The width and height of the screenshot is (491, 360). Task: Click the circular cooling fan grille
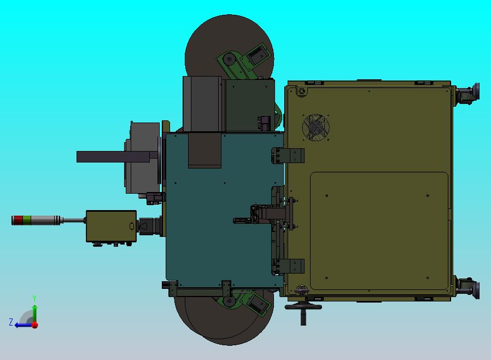pos(315,127)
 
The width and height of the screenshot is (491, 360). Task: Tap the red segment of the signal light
pos(19,220)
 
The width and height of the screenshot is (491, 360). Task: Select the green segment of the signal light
pos(27,220)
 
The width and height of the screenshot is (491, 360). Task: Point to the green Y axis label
pos(34,298)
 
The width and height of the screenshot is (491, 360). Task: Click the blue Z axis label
pos(11,322)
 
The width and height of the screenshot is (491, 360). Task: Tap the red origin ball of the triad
pos(35,325)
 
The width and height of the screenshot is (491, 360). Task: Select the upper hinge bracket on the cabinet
pos(288,156)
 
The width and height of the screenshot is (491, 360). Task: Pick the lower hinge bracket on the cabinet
pos(288,266)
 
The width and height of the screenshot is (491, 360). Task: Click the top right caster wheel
pos(468,94)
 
